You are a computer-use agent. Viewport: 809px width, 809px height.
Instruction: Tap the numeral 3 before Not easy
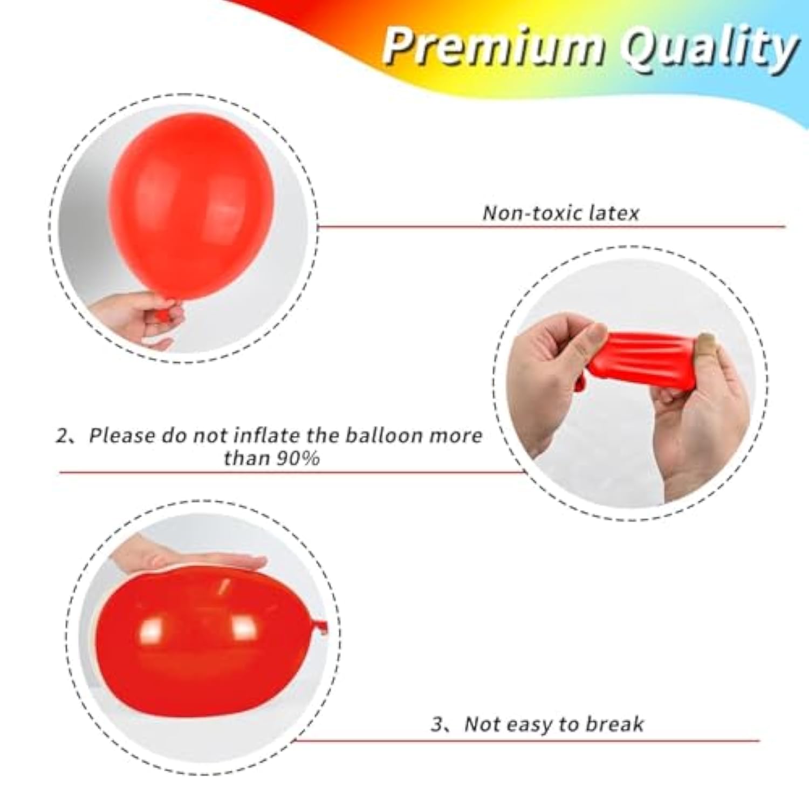tap(437, 724)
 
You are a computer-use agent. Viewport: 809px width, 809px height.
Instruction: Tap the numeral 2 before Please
tap(63, 436)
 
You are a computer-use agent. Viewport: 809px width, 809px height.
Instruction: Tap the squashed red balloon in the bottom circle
tap(205, 647)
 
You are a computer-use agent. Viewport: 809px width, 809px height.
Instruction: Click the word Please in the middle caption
tap(122, 436)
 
